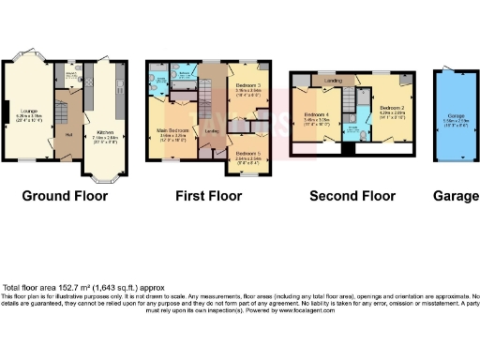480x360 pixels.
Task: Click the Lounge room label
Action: tap(29, 117)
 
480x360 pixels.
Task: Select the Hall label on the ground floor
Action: tap(69, 133)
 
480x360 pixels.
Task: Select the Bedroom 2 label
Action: tap(391, 110)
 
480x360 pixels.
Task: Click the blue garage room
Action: tap(455, 117)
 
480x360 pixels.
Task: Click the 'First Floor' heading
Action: tap(208, 197)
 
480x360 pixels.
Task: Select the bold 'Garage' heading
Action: tap(455, 197)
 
